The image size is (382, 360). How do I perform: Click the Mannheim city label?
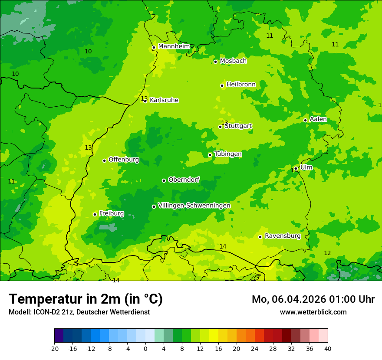[174, 46]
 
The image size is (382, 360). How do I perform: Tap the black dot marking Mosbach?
[215, 62]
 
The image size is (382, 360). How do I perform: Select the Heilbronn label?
[241, 85]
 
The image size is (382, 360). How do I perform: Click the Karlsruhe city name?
[164, 100]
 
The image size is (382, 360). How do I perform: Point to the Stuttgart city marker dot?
[220, 127]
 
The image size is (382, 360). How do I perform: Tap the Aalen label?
[318, 119]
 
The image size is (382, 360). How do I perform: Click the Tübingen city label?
[228, 154]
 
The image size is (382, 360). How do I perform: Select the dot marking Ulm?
[296, 168]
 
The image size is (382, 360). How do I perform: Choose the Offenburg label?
[124, 160]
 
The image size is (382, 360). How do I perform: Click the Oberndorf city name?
[184, 180]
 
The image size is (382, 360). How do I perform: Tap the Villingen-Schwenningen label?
[194, 206]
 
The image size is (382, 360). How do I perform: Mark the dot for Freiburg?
[95, 214]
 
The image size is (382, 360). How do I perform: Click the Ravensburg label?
[283, 236]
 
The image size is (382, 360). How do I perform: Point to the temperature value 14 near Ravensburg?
[223, 246]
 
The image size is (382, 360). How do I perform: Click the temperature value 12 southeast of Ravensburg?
[327, 253]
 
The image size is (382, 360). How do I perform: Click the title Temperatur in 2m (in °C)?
[86, 299]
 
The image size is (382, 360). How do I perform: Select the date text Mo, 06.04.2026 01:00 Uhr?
[313, 299]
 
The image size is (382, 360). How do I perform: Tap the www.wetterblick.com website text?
[313, 312]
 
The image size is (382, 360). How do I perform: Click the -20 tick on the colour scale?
[54, 348]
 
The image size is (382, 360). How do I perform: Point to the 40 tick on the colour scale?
[327, 348]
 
